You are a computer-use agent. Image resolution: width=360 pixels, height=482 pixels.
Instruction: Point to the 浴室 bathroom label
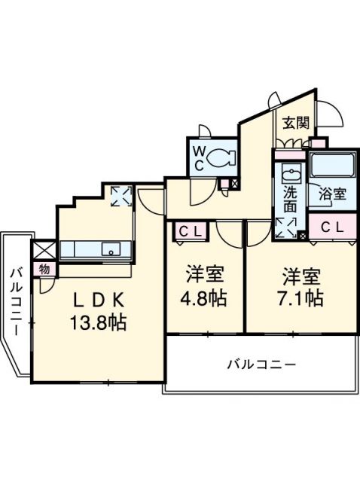(331, 194)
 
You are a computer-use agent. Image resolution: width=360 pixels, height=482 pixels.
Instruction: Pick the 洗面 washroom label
(290, 198)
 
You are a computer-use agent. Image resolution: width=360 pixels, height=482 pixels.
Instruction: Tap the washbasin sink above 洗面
(289, 174)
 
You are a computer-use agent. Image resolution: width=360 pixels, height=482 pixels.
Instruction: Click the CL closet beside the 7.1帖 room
(333, 226)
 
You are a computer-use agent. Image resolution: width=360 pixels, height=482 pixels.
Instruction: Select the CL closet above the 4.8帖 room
(189, 232)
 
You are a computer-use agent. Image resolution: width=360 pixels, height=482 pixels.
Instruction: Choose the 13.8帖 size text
(99, 324)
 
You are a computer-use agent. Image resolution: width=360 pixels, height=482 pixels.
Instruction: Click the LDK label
(98, 299)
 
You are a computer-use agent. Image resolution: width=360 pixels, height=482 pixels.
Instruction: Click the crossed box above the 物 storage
(43, 249)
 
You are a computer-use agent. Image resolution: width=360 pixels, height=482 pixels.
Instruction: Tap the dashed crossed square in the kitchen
(121, 197)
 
